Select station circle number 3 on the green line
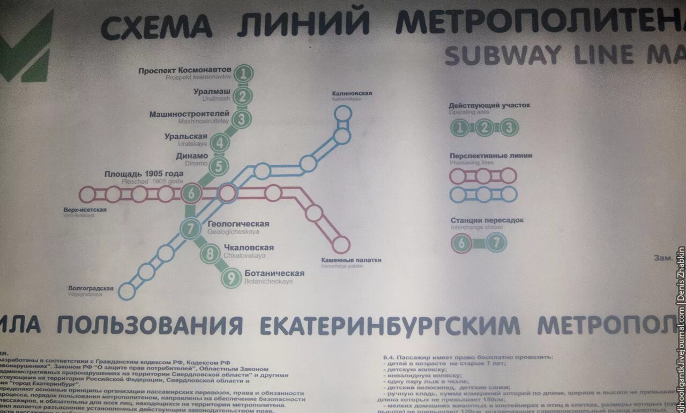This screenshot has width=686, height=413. [242, 118]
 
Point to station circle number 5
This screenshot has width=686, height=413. [218, 166]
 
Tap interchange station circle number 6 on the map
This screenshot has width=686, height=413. [191, 193]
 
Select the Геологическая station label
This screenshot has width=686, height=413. [238, 224]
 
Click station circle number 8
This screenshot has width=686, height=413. [210, 253]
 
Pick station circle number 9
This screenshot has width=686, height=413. [232, 278]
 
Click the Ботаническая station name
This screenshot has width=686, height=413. [274, 273]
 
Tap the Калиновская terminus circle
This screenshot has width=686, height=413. [342, 114]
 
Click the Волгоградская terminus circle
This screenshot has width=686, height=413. [126, 291]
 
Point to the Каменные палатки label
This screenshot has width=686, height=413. [351, 260]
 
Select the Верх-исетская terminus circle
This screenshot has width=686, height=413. [87, 194]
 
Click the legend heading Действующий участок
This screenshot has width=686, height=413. [489, 105]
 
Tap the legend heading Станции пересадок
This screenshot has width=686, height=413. [487, 220]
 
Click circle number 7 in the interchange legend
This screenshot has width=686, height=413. [497, 243]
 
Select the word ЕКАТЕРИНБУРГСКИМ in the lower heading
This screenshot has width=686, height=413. [389, 325]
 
